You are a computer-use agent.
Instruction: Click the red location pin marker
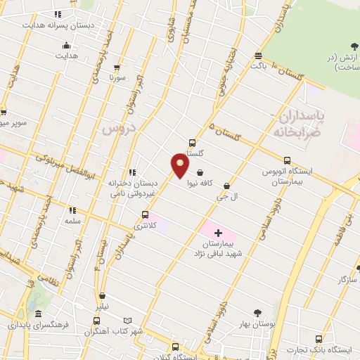coord(180,165)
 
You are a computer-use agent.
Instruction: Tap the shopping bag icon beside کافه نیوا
coord(201,172)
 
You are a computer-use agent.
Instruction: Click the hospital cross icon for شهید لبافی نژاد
coord(218,233)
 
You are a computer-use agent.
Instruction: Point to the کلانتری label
coord(145,226)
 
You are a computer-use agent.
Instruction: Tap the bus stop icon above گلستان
coord(193,143)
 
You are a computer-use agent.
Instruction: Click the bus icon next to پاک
coord(259,56)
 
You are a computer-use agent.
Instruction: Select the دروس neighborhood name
coord(117,129)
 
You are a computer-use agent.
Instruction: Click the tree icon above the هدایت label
coord(66,44)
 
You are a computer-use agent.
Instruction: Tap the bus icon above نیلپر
coord(103,297)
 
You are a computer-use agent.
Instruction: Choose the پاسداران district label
coord(301,116)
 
